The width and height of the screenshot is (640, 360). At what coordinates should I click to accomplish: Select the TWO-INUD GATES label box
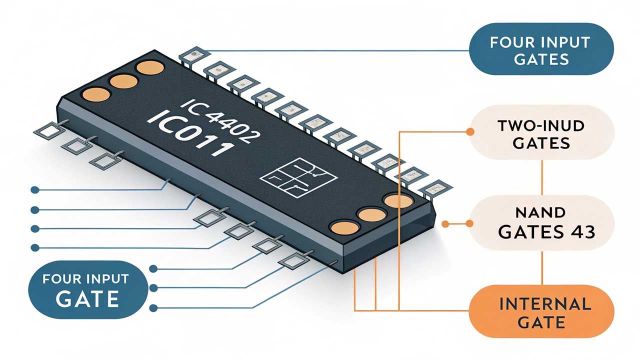pyautogui.click(x=541, y=134)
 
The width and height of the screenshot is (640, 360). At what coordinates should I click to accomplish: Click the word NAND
pyautogui.click(x=541, y=213)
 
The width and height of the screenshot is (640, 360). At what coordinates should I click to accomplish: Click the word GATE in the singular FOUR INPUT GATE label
pyautogui.click(x=87, y=299)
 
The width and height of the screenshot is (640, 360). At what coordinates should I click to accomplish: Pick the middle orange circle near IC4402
pyautogui.click(x=123, y=81)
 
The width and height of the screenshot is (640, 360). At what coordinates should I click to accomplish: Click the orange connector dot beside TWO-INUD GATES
pyautogui.click(x=469, y=132)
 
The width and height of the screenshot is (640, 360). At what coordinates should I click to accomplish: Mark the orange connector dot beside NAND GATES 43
pyautogui.click(x=469, y=223)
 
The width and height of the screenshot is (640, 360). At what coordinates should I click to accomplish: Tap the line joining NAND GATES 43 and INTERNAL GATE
pyautogui.click(x=542, y=267)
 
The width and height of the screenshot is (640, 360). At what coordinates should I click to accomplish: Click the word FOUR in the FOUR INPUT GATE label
pyautogui.click(x=63, y=279)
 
